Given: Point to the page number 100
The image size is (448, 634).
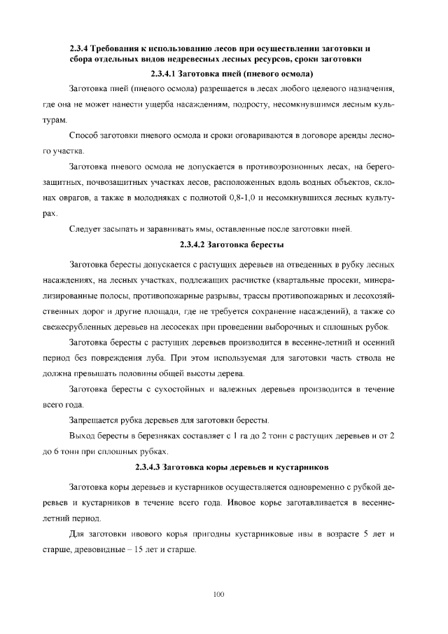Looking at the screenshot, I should (x=218, y=594).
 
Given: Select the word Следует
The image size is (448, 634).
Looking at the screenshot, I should (x=85, y=229).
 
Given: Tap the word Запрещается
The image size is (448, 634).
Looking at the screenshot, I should (x=94, y=420).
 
